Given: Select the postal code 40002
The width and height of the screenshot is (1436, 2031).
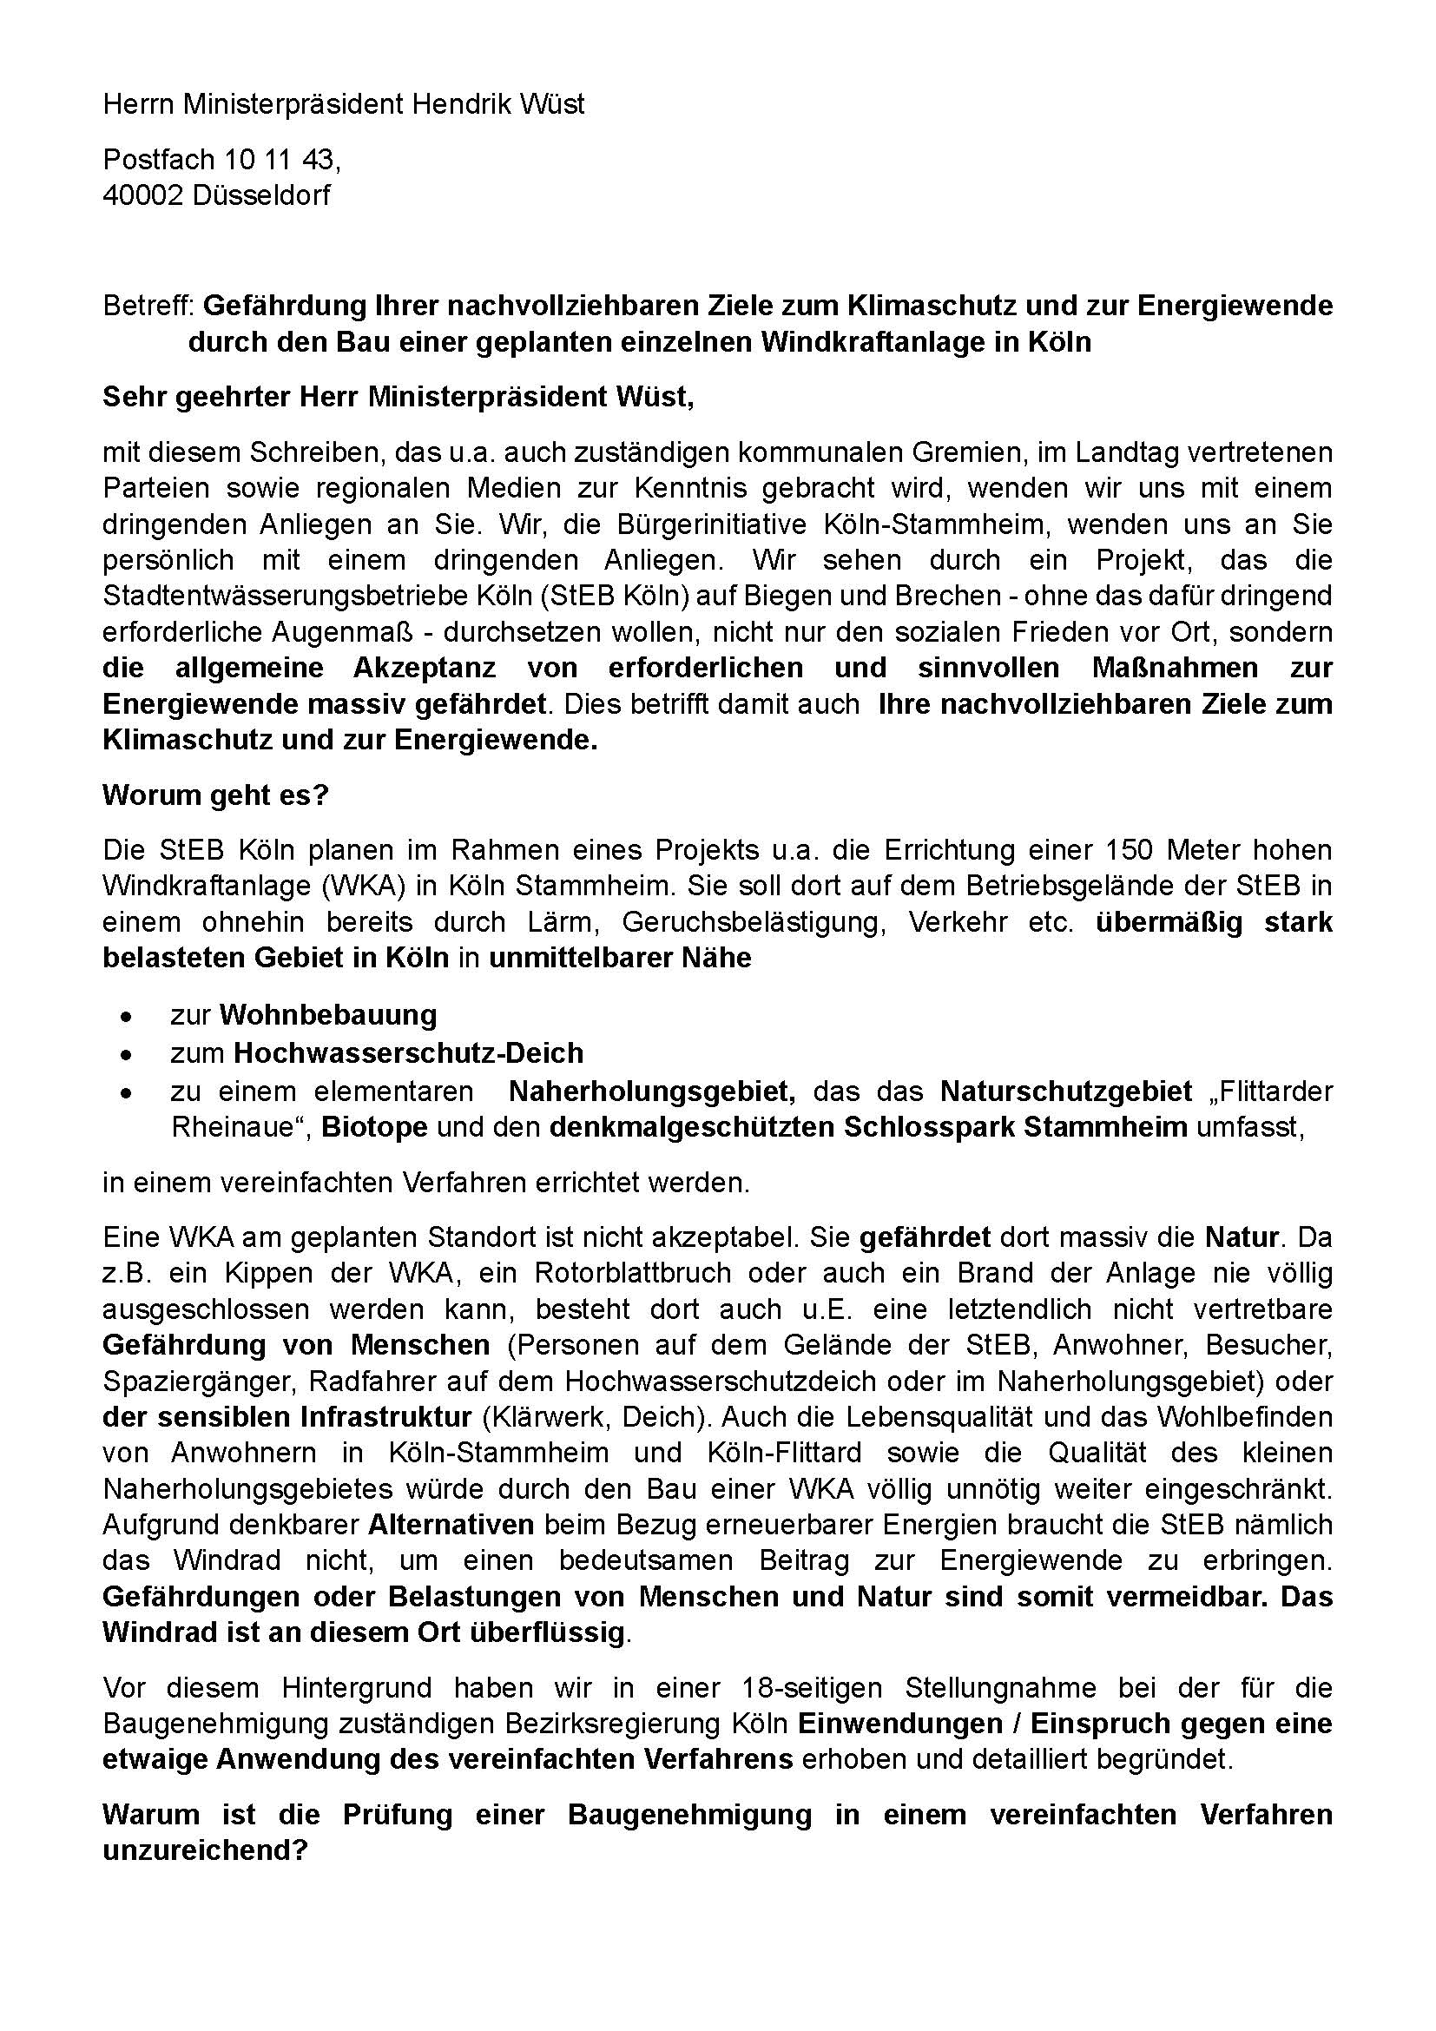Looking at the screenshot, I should click(x=142, y=195).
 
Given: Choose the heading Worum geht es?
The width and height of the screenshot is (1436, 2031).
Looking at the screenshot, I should click(x=214, y=795).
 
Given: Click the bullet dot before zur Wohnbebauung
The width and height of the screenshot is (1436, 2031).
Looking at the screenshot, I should click(x=128, y=1017).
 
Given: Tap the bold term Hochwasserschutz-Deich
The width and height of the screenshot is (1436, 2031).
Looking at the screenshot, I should click(x=409, y=1052).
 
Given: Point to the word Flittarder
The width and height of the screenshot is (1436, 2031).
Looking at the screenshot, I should click(x=1275, y=1091).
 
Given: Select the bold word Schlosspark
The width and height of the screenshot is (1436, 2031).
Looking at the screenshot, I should click(x=965, y=1128).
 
